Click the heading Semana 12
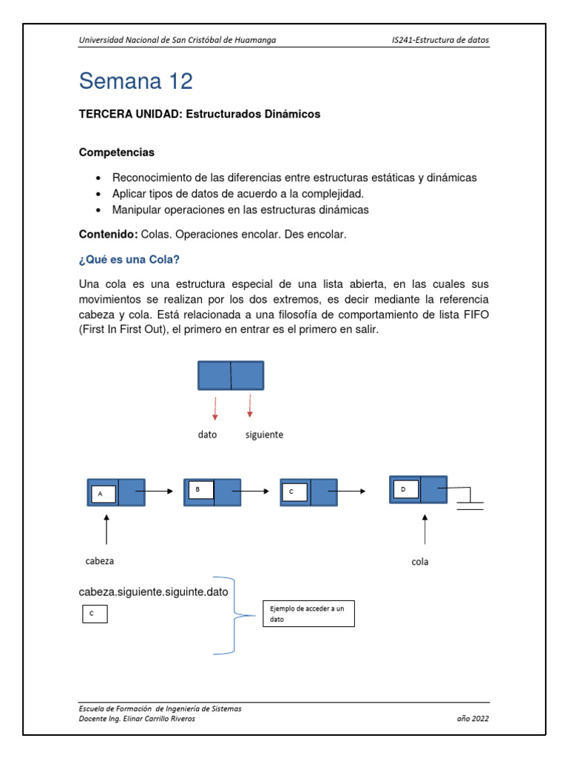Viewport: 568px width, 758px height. click(135, 81)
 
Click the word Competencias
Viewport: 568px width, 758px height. click(117, 152)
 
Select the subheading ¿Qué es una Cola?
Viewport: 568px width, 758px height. click(129, 260)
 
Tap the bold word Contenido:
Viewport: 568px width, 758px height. click(108, 235)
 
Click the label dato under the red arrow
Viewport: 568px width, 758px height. click(207, 435)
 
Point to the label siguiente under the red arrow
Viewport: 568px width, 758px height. click(264, 435)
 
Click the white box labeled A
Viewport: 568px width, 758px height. click(103, 494)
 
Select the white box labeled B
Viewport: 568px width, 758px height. click(200, 490)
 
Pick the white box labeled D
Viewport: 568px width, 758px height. click(405, 489)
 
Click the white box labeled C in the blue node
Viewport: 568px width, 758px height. click(294, 492)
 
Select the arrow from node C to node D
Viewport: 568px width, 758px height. click(351, 491)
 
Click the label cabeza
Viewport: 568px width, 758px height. click(99, 561)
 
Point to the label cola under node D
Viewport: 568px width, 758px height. click(420, 562)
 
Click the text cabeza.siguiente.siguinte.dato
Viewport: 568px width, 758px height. click(154, 592)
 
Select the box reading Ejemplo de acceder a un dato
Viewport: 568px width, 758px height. click(308, 614)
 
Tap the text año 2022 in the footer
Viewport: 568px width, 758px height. click(473, 719)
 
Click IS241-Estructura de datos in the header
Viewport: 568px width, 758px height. click(440, 40)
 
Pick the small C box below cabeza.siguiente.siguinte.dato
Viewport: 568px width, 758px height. click(95, 614)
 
